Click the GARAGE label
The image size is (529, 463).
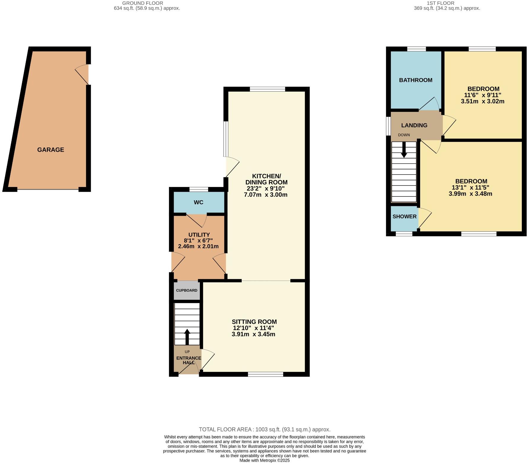pyautogui.click(x=50, y=150)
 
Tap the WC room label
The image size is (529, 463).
pyautogui.click(x=198, y=202)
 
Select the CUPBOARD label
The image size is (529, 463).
pyautogui.click(x=187, y=290)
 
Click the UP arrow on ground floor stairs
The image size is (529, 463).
pyautogui.click(x=187, y=336)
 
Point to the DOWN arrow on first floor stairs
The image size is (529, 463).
pyautogui.click(x=404, y=150)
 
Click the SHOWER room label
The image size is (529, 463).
pyautogui.click(x=404, y=217)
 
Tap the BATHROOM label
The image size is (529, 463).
pyautogui.click(x=415, y=80)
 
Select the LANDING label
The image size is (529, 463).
pyautogui.click(x=414, y=125)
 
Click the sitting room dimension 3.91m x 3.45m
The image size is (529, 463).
pyautogui.click(x=253, y=334)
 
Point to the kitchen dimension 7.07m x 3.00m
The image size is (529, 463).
pyautogui.click(x=265, y=195)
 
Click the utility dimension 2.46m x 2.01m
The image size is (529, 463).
pyautogui.click(x=198, y=246)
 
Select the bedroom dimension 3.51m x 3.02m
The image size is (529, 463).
pyautogui.click(x=482, y=101)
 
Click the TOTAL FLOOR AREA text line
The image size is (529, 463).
pyautogui.click(x=264, y=429)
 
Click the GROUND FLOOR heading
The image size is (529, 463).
pyautogui.click(x=143, y=3)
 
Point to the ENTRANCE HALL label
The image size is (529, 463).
pyautogui.click(x=189, y=360)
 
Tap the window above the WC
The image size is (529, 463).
pyautogui.click(x=199, y=189)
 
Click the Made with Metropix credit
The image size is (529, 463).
pyautogui.click(x=264, y=460)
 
